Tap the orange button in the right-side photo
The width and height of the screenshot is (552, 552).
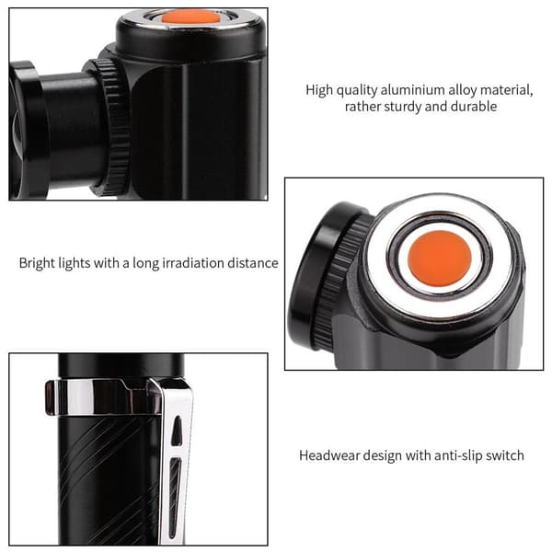pos(440,258)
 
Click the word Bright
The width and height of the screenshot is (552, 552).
pos(37,263)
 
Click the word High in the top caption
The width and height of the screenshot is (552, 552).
pos(319,90)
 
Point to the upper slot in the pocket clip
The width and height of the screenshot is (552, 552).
pos(176,430)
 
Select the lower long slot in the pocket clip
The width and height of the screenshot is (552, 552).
pos(174,498)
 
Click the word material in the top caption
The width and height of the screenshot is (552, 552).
pos(507,90)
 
